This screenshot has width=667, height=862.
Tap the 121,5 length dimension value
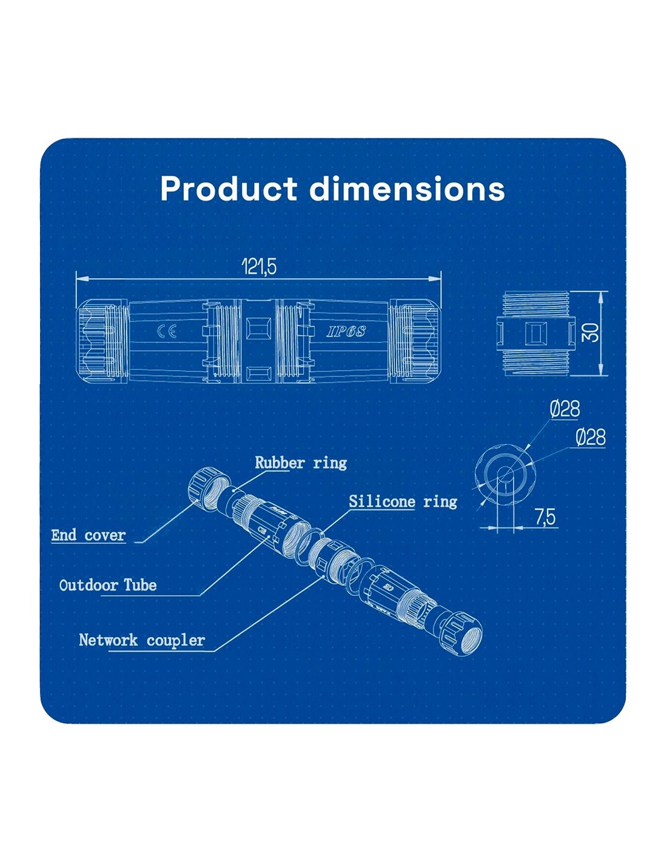(259, 266)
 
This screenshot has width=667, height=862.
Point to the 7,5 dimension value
(545, 517)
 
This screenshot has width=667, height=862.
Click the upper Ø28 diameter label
(565, 409)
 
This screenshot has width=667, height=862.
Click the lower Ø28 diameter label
(590, 437)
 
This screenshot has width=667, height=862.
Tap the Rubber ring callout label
(301, 463)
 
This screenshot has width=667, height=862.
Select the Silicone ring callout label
(403, 501)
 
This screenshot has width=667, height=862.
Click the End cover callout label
(89, 535)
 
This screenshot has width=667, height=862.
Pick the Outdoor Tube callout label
(108, 585)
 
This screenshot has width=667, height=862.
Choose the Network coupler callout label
(142, 640)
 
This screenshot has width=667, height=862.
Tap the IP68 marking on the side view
(346, 332)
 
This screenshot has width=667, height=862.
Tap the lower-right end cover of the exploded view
(463, 633)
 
